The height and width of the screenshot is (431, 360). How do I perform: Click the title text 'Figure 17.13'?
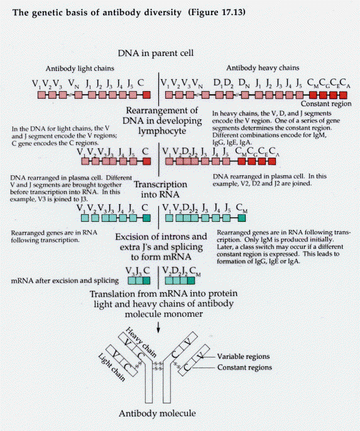[217, 13]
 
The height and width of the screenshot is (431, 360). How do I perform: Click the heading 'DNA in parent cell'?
[156, 53]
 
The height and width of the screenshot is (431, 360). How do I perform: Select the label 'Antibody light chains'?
[80, 68]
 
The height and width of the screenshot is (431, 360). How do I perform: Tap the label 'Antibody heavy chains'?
[263, 68]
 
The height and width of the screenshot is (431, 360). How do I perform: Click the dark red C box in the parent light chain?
[147, 95]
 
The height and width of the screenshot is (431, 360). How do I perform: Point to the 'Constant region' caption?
[326, 104]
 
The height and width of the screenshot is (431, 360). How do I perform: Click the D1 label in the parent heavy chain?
[217, 83]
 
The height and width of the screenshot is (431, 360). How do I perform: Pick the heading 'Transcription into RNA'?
[160, 189]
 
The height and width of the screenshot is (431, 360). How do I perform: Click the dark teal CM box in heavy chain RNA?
[241, 218]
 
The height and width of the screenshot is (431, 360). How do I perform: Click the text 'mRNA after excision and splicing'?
[65, 281]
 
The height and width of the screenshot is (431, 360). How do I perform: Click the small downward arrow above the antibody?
[158, 327]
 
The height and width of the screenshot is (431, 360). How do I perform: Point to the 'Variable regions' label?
[243, 356]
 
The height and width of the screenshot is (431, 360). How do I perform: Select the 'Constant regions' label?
[244, 368]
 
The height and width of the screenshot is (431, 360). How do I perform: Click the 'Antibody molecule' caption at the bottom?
[157, 413]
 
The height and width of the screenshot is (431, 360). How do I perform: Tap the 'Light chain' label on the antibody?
[112, 368]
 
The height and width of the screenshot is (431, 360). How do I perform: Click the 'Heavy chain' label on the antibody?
[141, 342]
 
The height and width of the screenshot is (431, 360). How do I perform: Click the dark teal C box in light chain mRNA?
[146, 280]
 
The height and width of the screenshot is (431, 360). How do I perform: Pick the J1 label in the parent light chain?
[88, 83]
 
